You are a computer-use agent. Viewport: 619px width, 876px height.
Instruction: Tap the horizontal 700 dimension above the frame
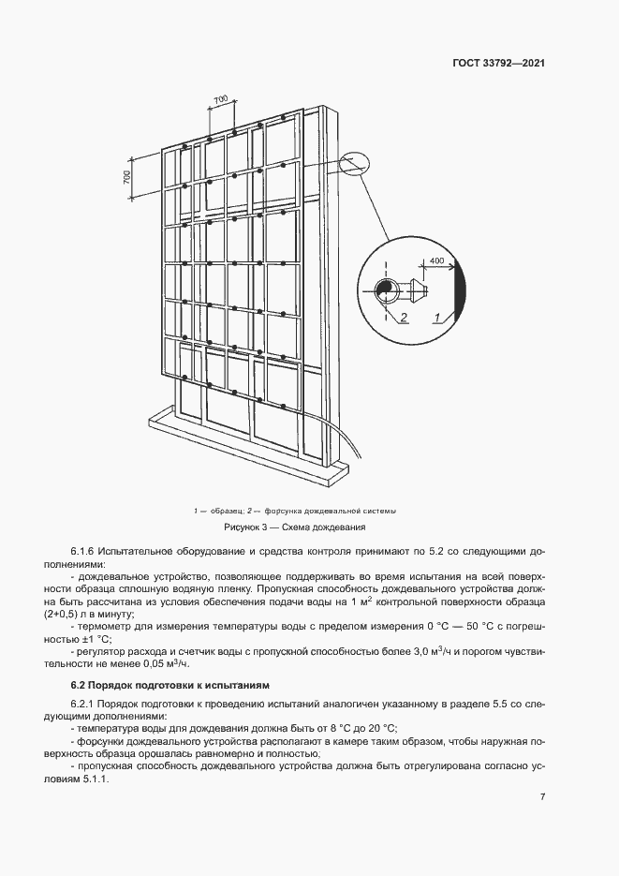tap(221, 99)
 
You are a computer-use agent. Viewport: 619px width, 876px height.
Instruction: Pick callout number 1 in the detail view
tap(438, 319)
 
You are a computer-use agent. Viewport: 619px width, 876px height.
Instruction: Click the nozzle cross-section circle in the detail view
tap(384, 290)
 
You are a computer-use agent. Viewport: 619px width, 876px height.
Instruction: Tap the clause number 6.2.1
tap(87, 703)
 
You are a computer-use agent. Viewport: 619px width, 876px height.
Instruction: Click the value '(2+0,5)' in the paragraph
tap(90, 614)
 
